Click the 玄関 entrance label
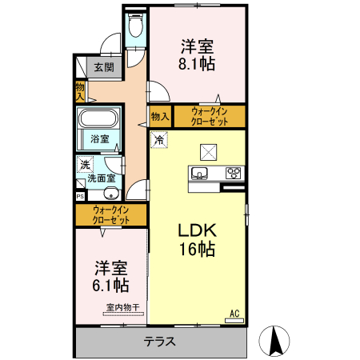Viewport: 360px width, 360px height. pos(103,67)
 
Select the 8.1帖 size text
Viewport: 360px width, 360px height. pos(197,64)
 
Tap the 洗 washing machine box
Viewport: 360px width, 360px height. pos(85,164)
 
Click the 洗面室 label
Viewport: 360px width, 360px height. pos(102,178)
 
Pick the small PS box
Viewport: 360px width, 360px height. pos(80,195)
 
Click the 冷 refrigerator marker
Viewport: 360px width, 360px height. pos(159,141)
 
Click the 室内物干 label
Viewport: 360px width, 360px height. pos(122,307)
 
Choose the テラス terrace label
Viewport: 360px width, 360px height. pos(160,342)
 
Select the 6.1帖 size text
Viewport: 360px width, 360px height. pos(111,285)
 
